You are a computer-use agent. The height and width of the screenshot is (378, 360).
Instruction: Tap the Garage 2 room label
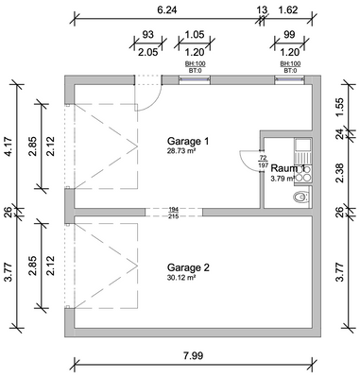(x=187, y=267)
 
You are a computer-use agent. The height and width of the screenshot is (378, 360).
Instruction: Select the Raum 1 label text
(x=288, y=168)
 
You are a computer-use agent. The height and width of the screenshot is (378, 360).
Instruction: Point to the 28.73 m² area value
(x=181, y=151)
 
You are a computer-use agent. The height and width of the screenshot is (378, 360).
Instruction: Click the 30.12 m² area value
(x=181, y=278)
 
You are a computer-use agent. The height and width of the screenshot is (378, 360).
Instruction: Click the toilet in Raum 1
(x=300, y=198)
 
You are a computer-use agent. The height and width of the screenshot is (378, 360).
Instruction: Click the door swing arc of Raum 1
(x=249, y=164)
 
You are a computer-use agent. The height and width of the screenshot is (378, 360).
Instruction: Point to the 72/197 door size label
(x=263, y=161)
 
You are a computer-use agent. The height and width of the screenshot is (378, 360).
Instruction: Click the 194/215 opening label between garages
(x=173, y=213)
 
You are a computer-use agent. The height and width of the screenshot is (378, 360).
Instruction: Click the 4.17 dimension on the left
(x=9, y=144)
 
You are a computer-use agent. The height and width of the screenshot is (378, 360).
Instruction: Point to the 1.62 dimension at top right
(x=290, y=9)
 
